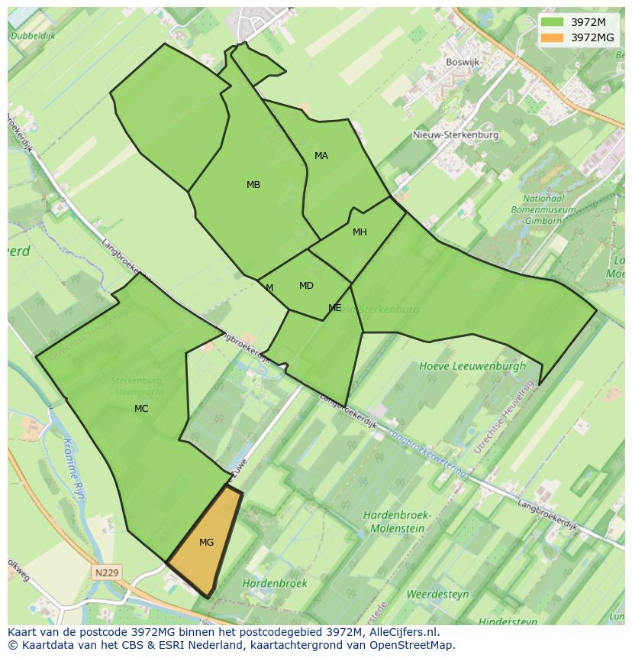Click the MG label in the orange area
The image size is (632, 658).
pos(206,543)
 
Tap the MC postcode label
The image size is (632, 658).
pos(141,409)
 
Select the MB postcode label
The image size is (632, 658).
pos(253,185)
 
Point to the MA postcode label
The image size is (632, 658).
pos(321,156)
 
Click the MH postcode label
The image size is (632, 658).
pos(360,232)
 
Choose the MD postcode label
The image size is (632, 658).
pos(306,286)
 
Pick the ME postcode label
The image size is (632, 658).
pos(334,308)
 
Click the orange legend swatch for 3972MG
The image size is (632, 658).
pos(553,37)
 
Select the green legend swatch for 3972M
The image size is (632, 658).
pos(553,22)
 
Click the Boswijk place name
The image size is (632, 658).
pos(462,62)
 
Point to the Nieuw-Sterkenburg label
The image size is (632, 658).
pos(455,135)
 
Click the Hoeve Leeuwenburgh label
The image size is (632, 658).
pos(472,366)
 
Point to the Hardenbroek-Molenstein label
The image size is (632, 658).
pos(397,521)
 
